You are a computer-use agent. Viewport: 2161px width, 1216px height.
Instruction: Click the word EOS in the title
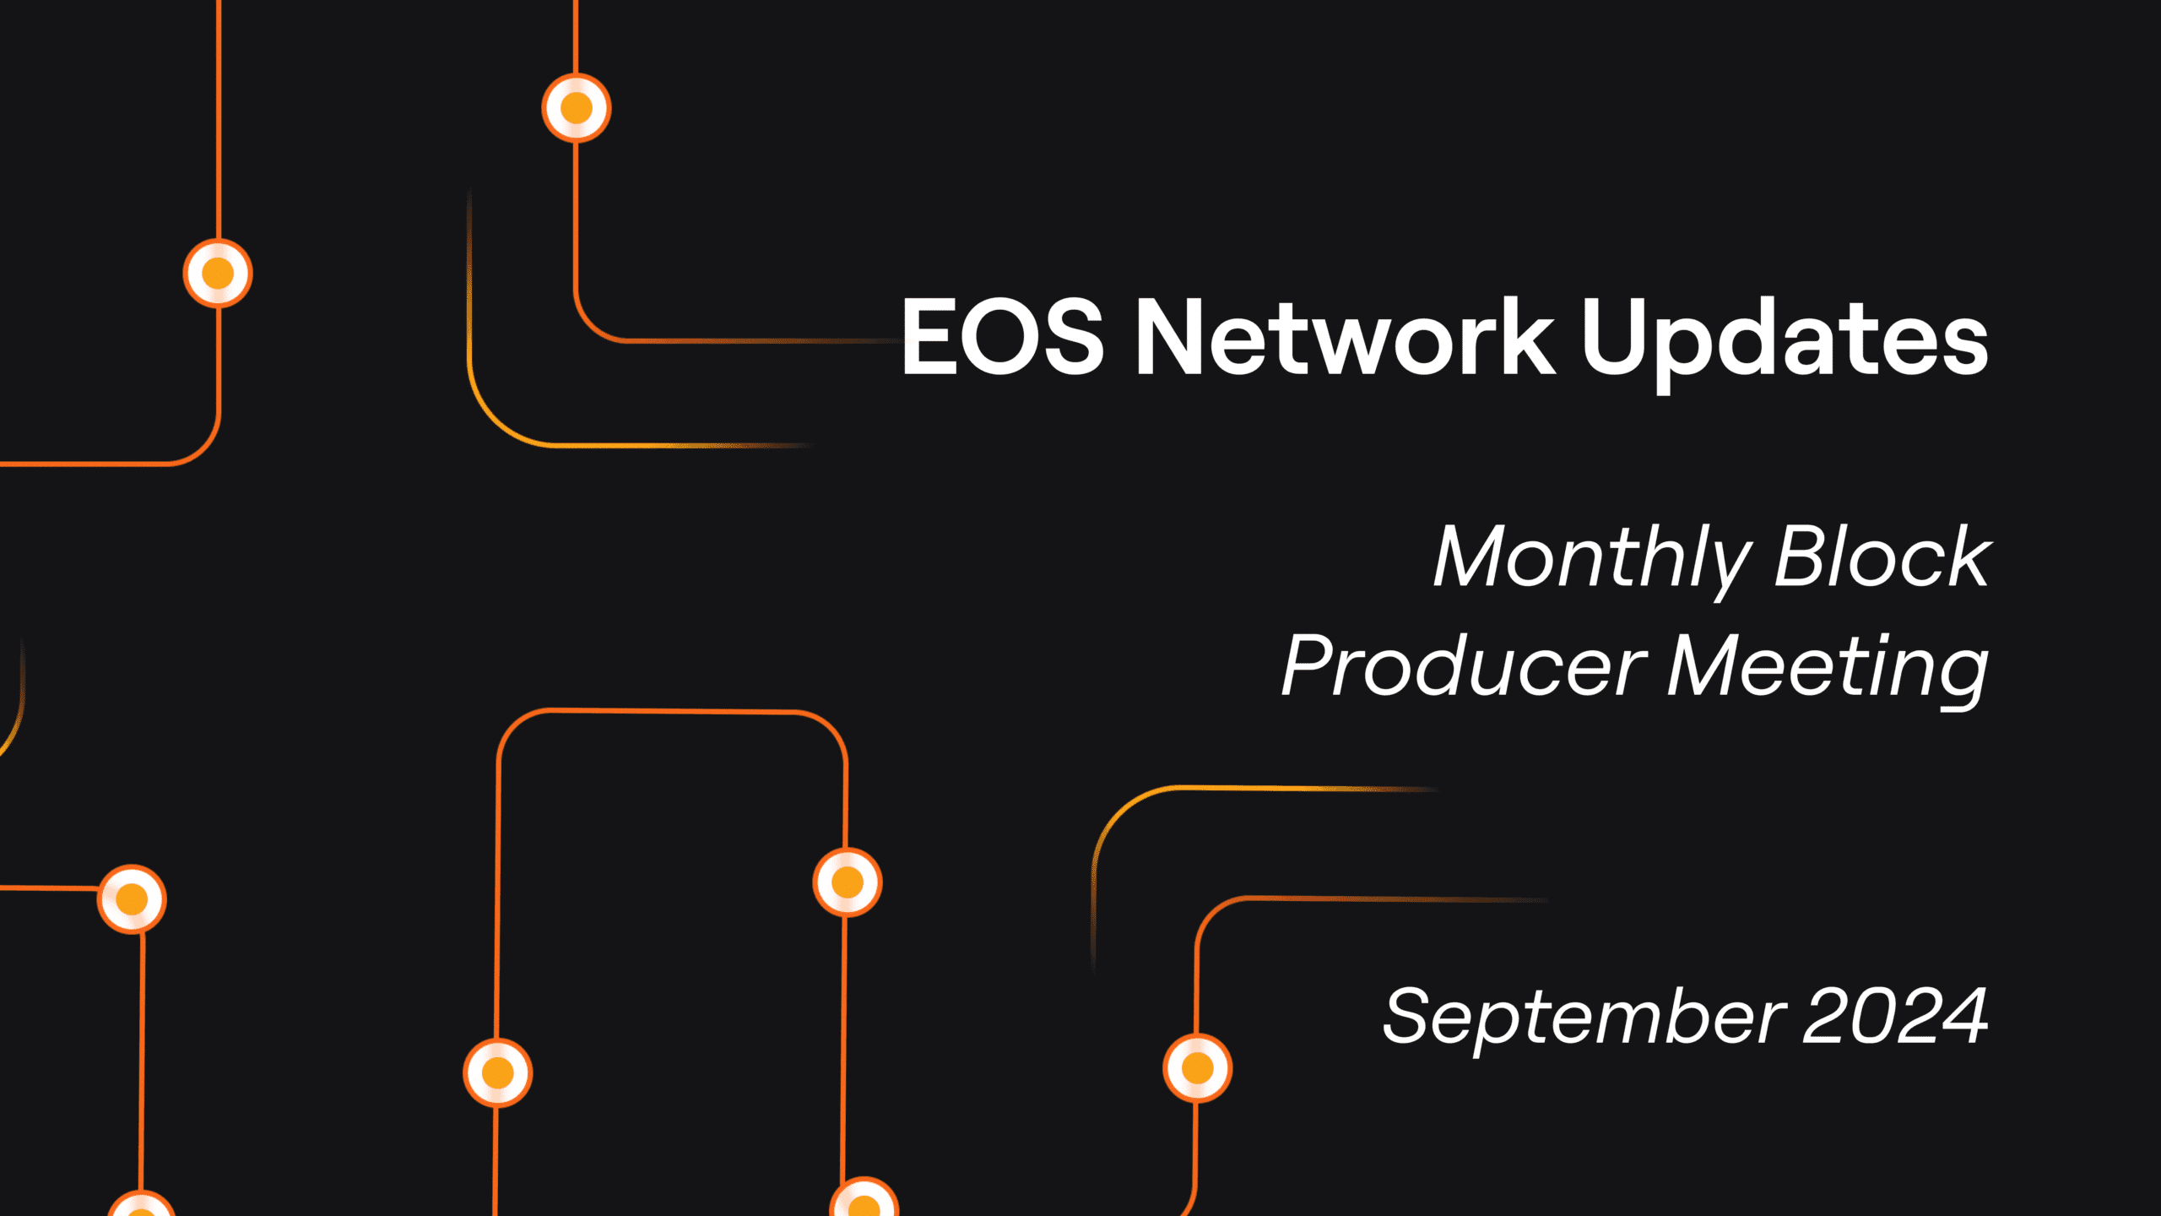[1003, 336]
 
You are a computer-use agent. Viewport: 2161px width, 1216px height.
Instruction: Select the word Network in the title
[1346, 336]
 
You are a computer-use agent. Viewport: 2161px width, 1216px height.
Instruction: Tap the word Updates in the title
[1785, 342]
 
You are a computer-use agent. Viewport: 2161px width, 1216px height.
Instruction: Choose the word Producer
[1464, 666]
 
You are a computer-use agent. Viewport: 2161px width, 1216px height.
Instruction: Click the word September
[1584, 1020]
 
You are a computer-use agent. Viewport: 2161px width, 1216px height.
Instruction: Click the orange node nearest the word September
[1197, 1068]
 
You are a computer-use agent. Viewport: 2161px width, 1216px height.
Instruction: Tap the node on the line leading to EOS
[577, 108]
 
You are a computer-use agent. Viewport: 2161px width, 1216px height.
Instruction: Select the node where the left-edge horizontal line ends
[132, 899]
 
